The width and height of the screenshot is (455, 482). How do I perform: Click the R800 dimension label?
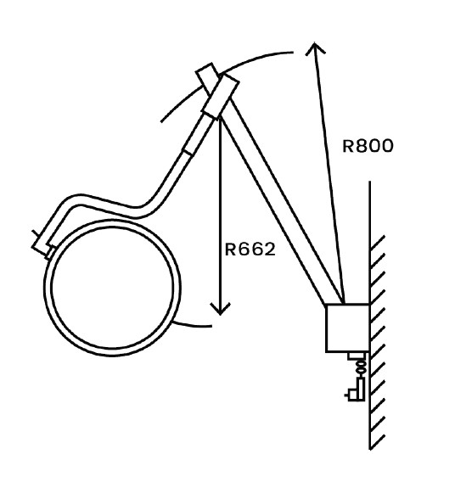(x=368, y=146)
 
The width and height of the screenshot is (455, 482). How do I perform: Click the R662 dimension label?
(x=250, y=249)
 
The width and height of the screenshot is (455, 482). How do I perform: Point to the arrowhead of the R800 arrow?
(x=315, y=46)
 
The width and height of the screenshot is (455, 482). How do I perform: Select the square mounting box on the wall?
(x=347, y=328)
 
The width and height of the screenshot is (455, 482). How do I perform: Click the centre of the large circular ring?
(x=112, y=288)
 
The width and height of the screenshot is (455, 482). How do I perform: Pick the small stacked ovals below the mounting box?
(x=362, y=367)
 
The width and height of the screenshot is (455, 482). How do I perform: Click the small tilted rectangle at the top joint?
(x=207, y=78)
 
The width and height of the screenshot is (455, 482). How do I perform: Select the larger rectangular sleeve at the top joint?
(x=220, y=96)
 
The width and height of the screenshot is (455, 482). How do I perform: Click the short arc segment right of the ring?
(x=193, y=324)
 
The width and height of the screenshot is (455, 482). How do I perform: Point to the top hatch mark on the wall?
(x=377, y=243)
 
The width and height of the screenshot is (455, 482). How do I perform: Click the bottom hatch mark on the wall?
(x=377, y=442)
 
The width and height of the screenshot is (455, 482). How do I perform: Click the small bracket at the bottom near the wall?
(x=356, y=390)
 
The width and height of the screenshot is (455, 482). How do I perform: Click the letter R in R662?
(x=230, y=249)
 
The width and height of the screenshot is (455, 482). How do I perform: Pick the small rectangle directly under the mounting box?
(x=357, y=356)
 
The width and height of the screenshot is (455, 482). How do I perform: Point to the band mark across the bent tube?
(x=188, y=153)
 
